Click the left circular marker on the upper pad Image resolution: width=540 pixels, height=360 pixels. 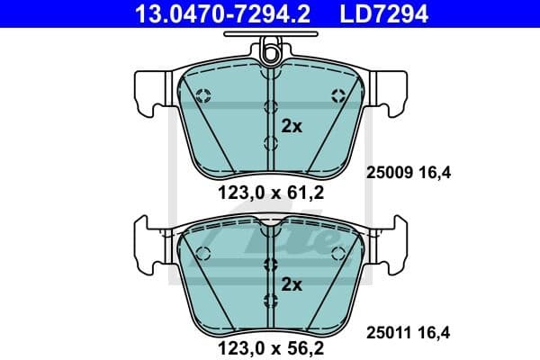[202, 95]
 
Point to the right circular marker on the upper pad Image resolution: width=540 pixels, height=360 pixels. [338, 95]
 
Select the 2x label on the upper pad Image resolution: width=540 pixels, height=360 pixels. [292, 127]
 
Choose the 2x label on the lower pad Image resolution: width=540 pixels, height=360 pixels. [292, 283]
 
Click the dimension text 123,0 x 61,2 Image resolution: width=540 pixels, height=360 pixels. [269, 191]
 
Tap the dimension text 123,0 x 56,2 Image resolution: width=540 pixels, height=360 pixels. [269, 344]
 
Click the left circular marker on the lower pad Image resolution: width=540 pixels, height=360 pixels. [202, 253]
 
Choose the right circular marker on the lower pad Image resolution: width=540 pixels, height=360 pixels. [337, 253]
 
